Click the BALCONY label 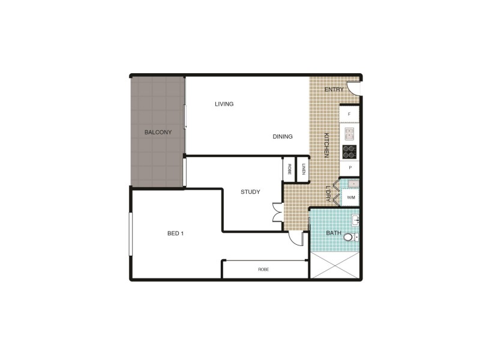158,132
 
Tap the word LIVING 224,104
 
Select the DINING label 283,136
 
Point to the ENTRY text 334,89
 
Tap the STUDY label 250,192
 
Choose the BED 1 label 175,233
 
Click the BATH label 333,233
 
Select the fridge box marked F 349,113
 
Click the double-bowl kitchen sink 349,133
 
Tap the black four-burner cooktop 349,151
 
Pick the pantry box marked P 349,169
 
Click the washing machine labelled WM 350,197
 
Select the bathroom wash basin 356,221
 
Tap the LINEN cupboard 304,169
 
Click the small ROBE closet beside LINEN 289,169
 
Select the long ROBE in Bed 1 264,269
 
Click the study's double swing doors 277,213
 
